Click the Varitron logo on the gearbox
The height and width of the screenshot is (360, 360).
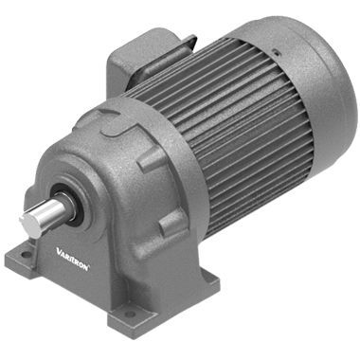tap(73, 259)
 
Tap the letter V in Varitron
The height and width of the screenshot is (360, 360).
tap(59, 252)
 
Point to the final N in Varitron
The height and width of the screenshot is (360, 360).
tap(86, 266)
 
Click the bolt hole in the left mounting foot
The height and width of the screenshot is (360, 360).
tap(27, 254)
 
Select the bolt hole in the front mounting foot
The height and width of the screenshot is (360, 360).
tap(130, 315)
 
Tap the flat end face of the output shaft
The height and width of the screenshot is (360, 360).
tap(27, 225)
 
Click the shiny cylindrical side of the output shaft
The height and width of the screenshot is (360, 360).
tap(49, 212)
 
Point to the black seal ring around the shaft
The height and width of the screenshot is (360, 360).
tap(64, 201)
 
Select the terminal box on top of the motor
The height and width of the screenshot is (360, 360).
tap(149, 60)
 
